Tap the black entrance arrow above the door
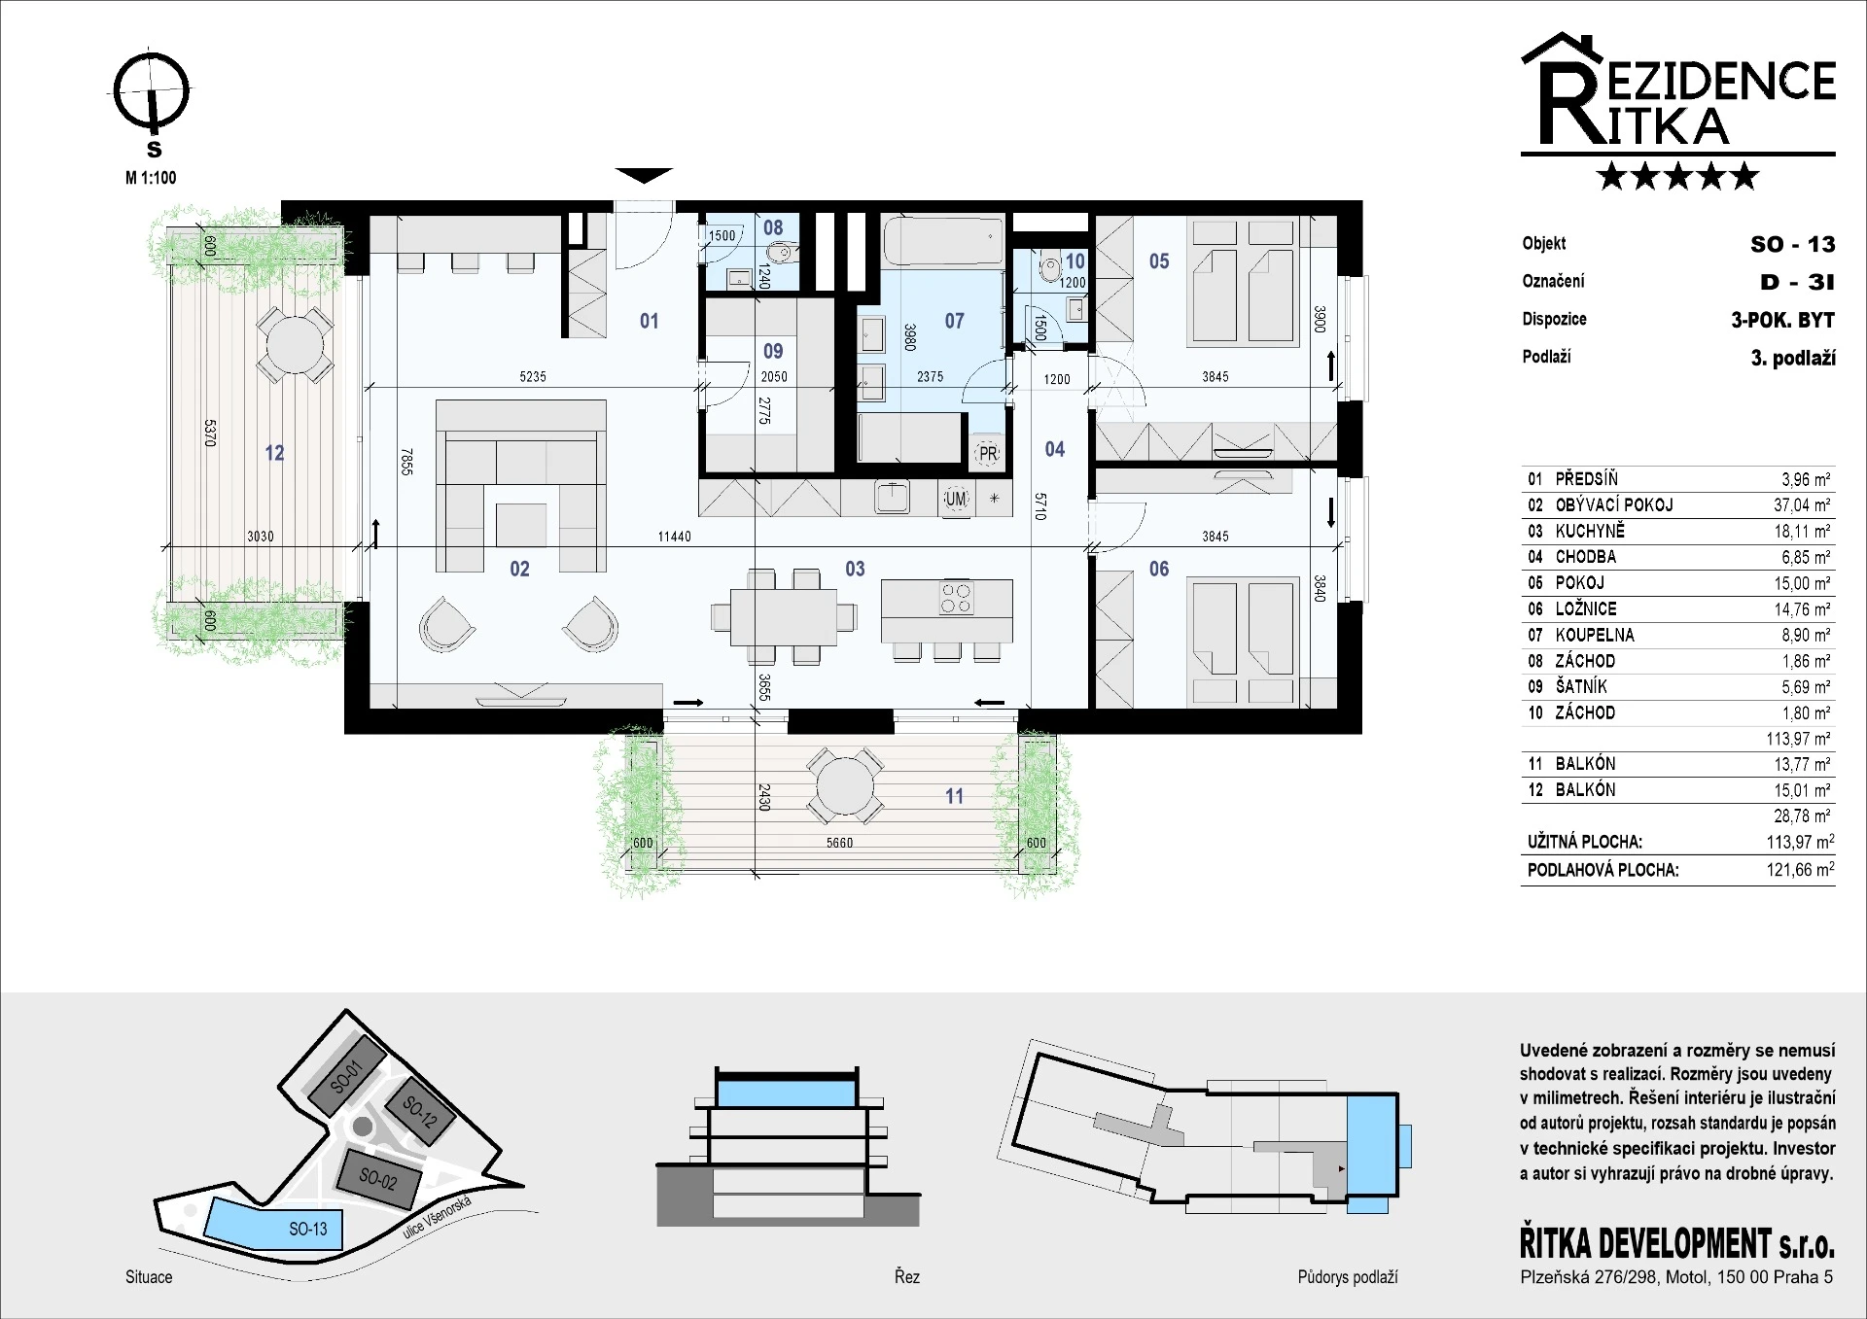(644, 176)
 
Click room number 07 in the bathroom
(954, 321)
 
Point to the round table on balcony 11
(845, 785)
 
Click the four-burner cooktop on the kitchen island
(956, 598)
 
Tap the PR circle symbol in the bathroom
(988, 453)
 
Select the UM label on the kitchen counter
(956, 500)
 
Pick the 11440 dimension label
(674, 537)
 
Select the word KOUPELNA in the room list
(1595, 635)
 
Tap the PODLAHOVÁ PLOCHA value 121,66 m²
(1800, 870)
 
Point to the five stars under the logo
(1677, 176)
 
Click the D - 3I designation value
(1797, 282)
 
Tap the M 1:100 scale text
(151, 178)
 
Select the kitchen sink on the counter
(892, 497)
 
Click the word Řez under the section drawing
(906, 1276)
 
